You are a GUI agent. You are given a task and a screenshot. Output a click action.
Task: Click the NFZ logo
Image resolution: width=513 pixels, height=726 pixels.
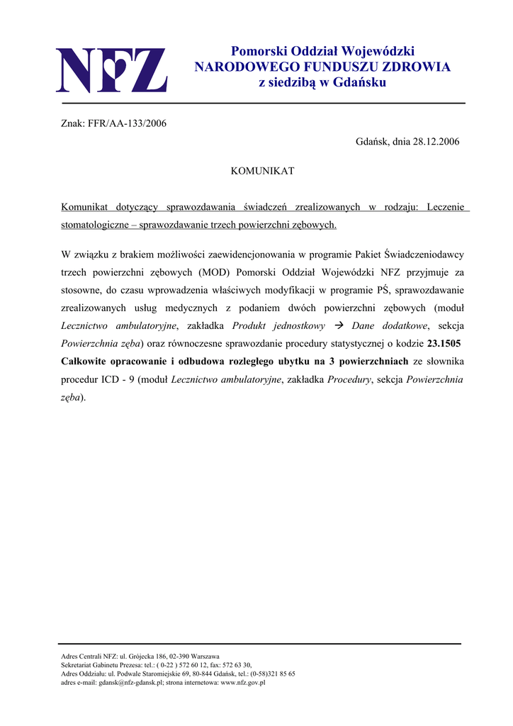(x=111, y=69)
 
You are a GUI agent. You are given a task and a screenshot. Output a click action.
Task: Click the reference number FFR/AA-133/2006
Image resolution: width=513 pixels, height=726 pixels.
(x=127, y=123)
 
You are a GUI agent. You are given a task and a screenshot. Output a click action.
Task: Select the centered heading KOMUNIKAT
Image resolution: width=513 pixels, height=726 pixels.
(x=263, y=171)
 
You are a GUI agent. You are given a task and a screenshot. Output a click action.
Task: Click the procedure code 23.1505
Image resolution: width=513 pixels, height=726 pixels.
(x=446, y=344)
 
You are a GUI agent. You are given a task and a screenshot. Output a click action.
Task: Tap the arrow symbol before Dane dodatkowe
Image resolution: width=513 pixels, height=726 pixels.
(x=337, y=326)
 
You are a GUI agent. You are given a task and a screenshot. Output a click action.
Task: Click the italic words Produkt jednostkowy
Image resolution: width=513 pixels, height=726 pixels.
(x=278, y=326)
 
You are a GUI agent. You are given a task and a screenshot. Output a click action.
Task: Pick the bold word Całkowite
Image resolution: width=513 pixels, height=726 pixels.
(x=88, y=362)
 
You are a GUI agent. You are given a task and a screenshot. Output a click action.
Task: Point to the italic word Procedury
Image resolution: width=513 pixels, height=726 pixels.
(x=349, y=379)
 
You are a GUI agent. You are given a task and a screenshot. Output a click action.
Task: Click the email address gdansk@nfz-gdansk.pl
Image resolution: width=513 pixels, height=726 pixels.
(x=132, y=683)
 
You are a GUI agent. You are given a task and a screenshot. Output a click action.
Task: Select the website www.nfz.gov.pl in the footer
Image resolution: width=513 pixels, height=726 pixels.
(x=240, y=683)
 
